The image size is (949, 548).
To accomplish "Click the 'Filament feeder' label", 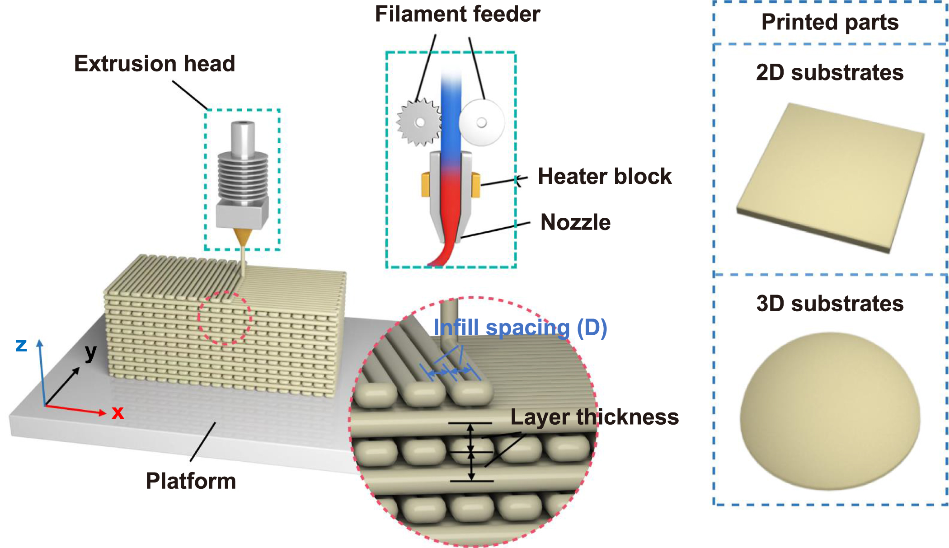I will [457, 14].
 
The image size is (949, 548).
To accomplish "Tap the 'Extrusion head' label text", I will [155, 64].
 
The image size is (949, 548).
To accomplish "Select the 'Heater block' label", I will [604, 176].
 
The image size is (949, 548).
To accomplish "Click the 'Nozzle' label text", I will [575, 222].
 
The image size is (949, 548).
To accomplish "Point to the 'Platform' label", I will [191, 481].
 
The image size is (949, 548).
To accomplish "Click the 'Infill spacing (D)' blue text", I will [520, 328].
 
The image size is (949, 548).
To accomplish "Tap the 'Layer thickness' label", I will [594, 417].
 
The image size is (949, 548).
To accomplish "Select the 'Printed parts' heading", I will [830, 22].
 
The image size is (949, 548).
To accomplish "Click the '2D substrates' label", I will [830, 73].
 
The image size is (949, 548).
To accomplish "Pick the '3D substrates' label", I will [830, 304].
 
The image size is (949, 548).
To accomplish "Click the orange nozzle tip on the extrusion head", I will [242, 237].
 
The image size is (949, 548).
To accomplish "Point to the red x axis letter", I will [118, 412].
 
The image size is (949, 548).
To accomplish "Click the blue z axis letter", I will [21, 346].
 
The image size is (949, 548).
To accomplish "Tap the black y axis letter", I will [91, 352].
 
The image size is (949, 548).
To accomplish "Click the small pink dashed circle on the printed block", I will [225, 318].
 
